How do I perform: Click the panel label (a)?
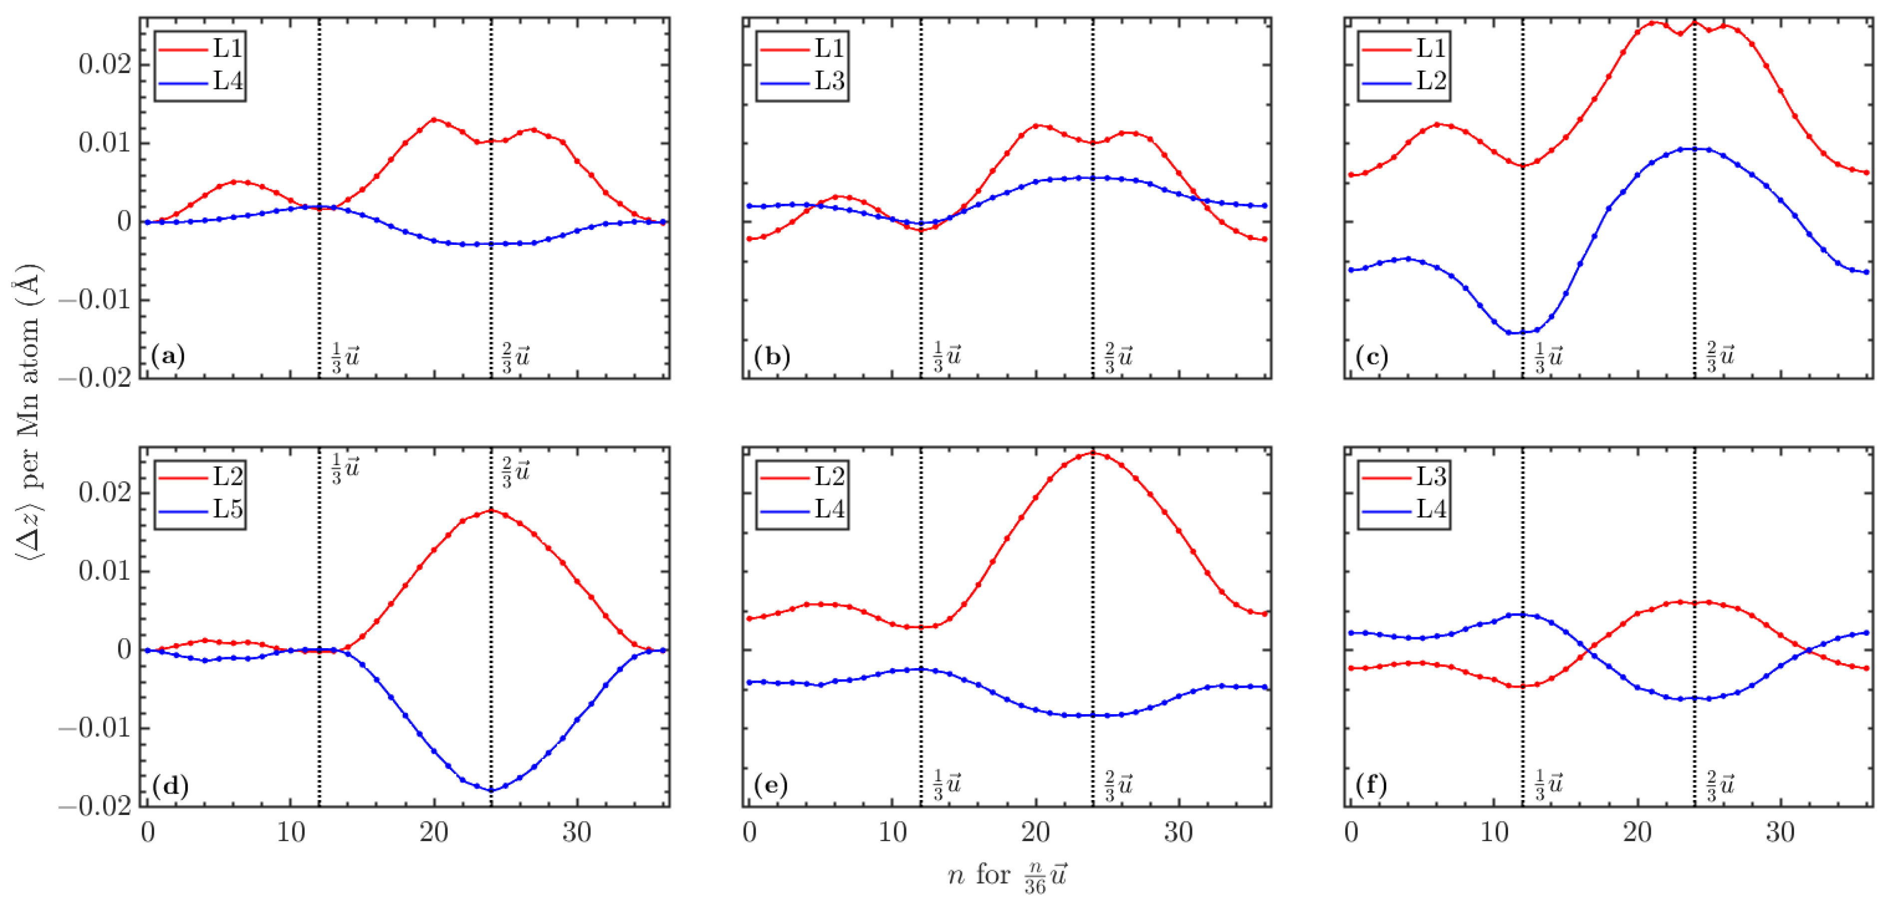pyautogui.click(x=168, y=357)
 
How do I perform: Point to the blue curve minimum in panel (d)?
pyautogui.click(x=491, y=790)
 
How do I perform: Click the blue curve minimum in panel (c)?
pyautogui.click(x=1509, y=333)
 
